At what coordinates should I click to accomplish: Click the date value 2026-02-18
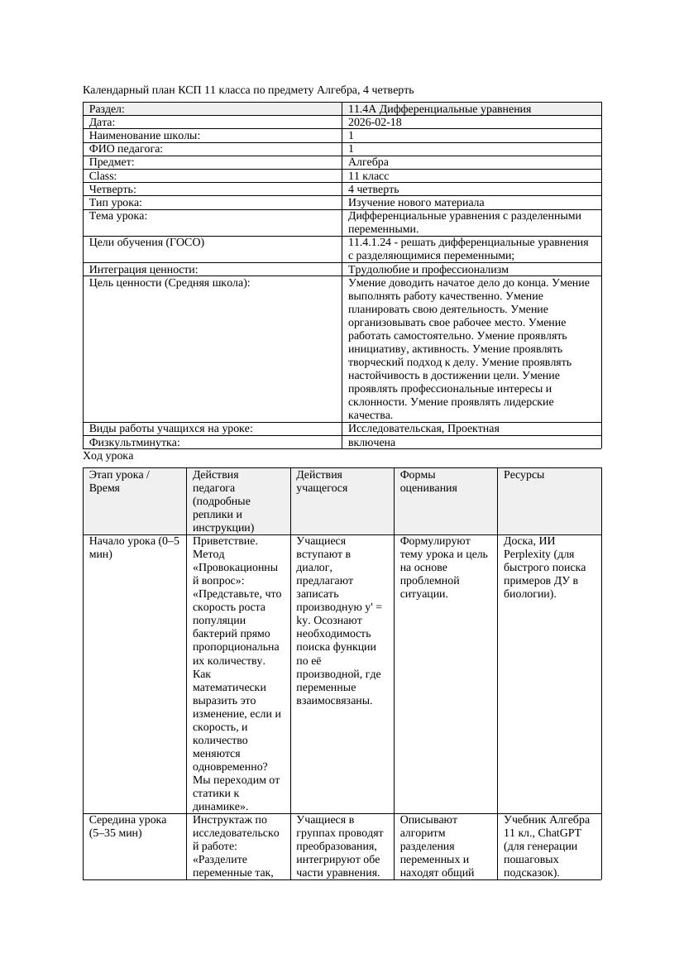[x=375, y=122]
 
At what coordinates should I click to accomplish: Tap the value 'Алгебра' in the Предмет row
[x=368, y=162]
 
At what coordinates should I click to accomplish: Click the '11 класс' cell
[x=368, y=175]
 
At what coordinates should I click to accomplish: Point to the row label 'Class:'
[x=103, y=175]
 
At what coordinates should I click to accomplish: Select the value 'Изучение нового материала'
[x=416, y=202]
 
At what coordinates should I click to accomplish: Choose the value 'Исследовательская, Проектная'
[x=423, y=429]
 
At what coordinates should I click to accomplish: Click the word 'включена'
[x=371, y=442]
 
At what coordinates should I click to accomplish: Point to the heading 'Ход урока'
[x=108, y=456]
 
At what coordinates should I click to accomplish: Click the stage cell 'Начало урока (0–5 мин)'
[x=133, y=548]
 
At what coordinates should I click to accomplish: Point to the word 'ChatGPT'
[x=560, y=832]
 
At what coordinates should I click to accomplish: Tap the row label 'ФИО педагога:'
[x=126, y=149]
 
